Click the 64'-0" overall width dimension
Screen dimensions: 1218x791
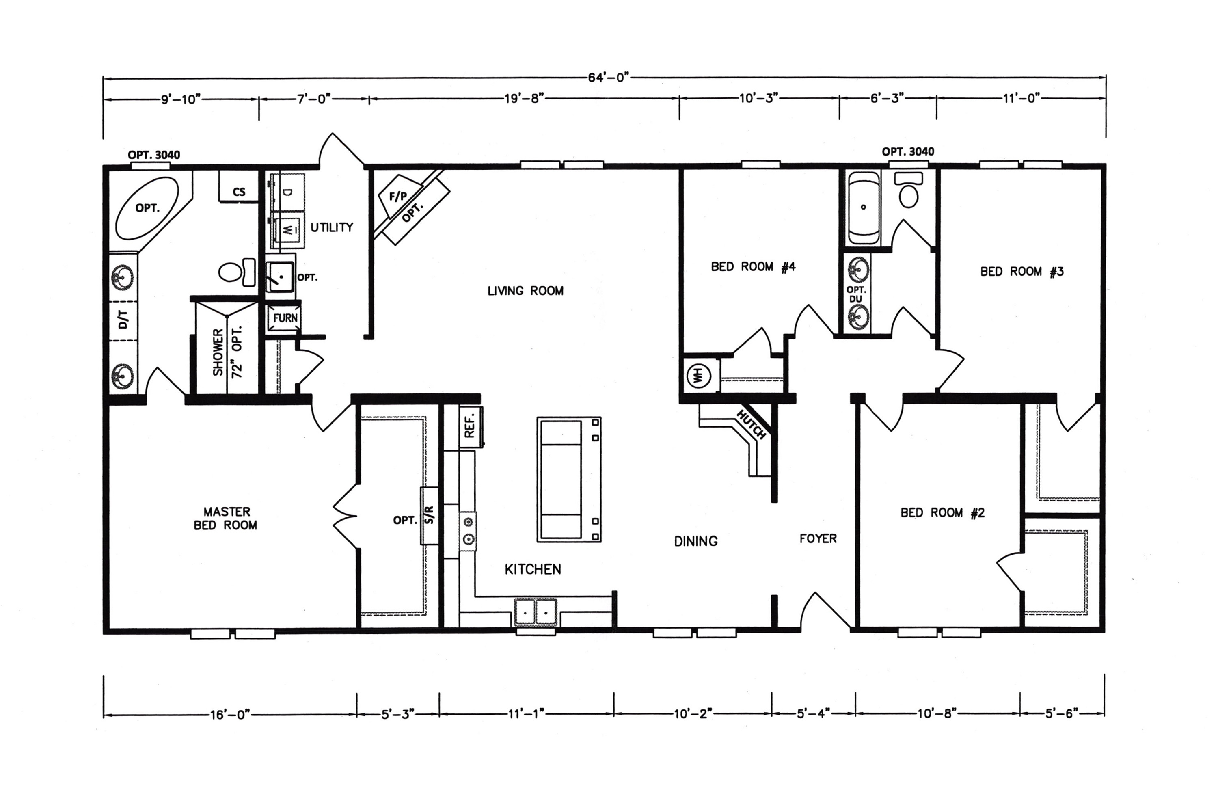point(608,78)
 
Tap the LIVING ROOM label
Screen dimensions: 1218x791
point(526,291)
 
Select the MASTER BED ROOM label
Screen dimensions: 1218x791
point(226,518)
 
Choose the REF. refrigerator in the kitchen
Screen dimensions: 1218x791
point(471,426)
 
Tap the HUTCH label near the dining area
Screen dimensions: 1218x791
point(751,424)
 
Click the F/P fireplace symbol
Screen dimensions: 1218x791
point(397,196)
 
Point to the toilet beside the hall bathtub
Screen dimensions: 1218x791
point(908,190)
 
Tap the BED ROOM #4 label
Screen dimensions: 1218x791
point(753,267)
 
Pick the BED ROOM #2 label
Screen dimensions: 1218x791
point(942,512)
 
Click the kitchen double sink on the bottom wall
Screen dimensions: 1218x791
point(535,612)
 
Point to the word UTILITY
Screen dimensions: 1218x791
point(332,227)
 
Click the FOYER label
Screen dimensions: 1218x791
point(818,538)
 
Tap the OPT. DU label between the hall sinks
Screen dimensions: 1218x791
point(856,294)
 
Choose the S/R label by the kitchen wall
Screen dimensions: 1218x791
point(430,514)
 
